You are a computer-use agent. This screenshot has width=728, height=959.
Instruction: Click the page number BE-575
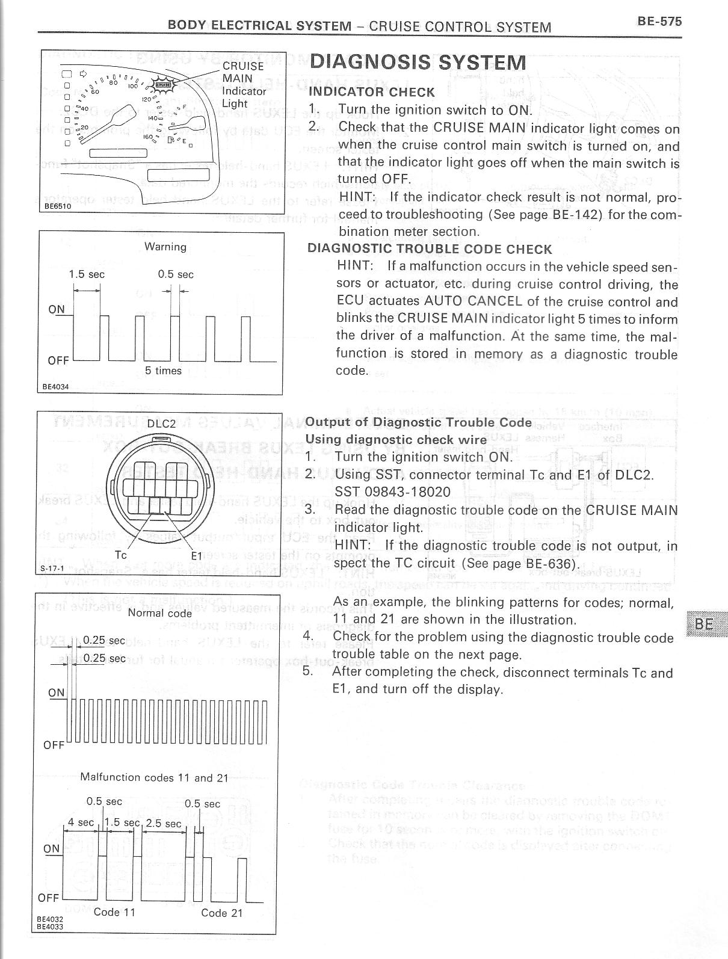coord(659,22)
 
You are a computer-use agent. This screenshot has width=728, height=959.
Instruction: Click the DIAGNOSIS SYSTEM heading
coord(418,63)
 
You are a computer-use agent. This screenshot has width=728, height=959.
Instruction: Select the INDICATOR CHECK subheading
coord(371,92)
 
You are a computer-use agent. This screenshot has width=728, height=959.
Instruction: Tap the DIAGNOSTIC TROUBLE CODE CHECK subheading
coord(430,249)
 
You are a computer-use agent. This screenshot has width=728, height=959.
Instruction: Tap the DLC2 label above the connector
coord(161,424)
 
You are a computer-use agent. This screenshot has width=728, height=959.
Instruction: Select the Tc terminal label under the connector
coord(121,555)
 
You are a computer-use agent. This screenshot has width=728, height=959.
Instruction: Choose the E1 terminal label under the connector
coord(197,555)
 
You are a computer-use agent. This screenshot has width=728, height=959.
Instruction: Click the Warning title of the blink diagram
coord(165,247)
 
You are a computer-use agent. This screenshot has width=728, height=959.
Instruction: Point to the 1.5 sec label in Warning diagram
coord(87,274)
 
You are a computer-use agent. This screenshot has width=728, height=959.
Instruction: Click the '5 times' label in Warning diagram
coord(163,371)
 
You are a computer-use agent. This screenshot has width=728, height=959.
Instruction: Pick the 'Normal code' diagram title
coord(159,613)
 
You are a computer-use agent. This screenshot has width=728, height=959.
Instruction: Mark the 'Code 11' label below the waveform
coord(115,912)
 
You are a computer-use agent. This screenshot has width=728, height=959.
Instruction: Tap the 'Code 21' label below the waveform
coord(222,913)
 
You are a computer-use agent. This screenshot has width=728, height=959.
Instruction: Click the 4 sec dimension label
coord(81,822)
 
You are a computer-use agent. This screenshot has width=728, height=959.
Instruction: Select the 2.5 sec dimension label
coord(163,823)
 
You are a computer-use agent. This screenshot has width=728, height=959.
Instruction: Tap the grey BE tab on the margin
coord(705,624)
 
